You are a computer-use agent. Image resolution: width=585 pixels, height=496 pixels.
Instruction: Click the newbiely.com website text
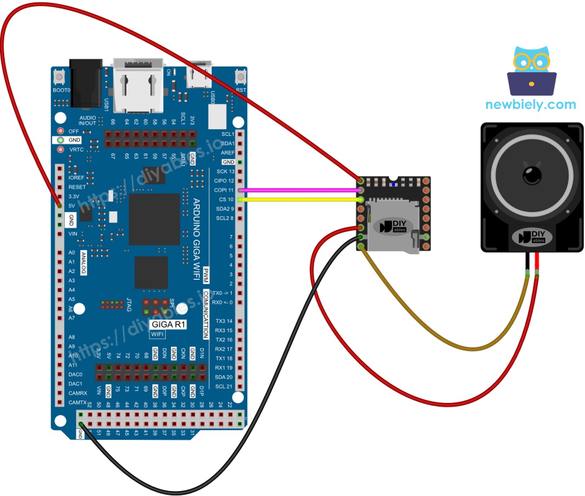530,105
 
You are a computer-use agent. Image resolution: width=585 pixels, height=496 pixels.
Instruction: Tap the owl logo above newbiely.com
531,71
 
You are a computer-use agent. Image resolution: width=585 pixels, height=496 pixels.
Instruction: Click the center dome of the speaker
532,175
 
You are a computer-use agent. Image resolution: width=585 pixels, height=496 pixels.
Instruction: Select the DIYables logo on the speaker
532,237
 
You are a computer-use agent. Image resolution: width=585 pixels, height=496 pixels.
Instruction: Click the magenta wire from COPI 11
299,190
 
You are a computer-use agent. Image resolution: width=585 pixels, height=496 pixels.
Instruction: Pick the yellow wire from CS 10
299,200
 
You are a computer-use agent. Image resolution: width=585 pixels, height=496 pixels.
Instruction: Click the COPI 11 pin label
223,190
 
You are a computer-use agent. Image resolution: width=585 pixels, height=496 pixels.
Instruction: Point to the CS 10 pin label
226,199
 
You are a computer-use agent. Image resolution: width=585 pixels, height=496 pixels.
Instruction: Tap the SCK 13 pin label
225,171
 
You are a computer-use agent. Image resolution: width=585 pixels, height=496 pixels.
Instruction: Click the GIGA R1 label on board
168,324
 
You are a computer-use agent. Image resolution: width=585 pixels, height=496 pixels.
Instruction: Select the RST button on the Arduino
241,77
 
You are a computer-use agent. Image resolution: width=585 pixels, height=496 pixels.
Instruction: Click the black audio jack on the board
86,83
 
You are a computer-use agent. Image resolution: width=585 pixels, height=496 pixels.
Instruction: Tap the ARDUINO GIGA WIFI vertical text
196,239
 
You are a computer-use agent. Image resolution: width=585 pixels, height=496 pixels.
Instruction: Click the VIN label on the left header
73,234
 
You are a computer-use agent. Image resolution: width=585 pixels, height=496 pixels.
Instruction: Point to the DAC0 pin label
75,374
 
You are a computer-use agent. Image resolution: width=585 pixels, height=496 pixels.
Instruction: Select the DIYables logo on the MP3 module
393,226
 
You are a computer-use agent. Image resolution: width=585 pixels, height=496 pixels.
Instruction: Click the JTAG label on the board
129,304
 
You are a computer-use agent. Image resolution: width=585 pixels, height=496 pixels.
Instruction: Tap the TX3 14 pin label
224,321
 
